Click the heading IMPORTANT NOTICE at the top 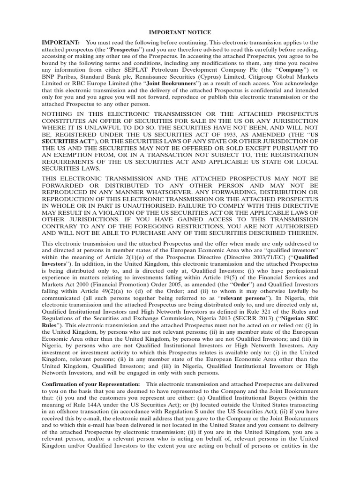point(180,32)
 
